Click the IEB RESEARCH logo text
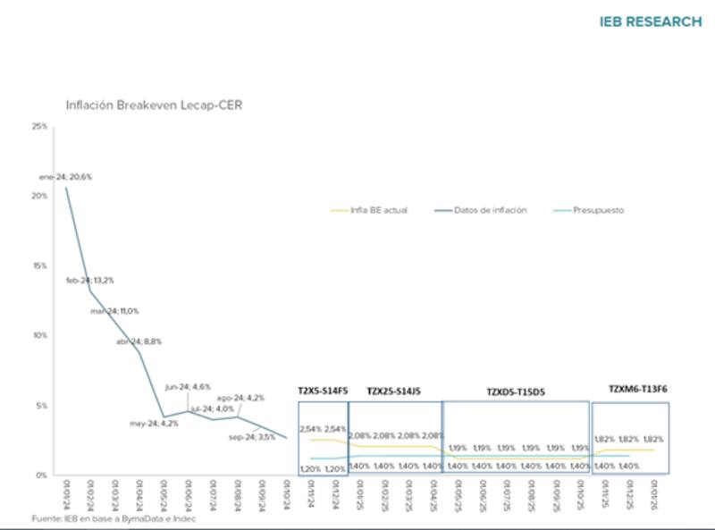[x=650, y=21]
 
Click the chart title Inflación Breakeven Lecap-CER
[x=154, y=105]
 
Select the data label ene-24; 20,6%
[x=65, y=177]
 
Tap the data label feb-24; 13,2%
[x=90, y=280]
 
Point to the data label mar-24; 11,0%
[x=114, y=310]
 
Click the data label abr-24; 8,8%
[x=139, y=341]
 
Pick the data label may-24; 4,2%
[x=154, y=423]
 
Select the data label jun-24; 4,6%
[x=188, y=387]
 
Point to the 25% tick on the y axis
[x=39, y=127]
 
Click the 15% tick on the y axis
[x=39, y=266]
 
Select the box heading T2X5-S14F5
[x=323, y=391]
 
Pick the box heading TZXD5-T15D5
[x=516, y=391]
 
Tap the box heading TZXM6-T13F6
[x=638, y=390]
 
